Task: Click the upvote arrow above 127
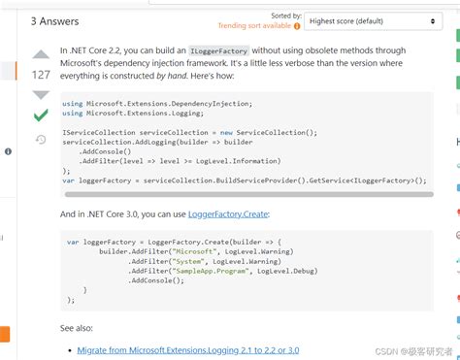click(x=41, y=55)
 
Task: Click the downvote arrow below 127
click(x=41, y=94)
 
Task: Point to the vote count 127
click(x=41, y=75)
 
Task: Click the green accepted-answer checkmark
click(x=41, y=115)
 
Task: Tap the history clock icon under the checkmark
click(x=41, y=140)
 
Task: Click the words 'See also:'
click(x=77, y=328)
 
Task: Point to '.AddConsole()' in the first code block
click(x=108, y=151)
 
